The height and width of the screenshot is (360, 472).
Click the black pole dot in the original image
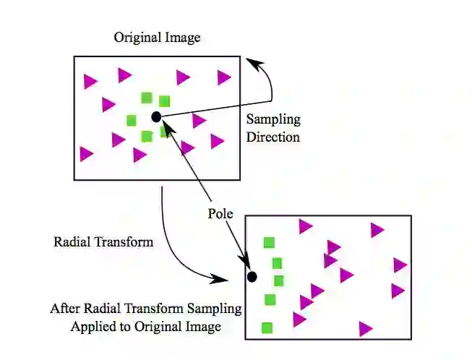pyautogui.click(x=156, y=116)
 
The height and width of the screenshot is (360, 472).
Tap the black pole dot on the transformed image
pyautogui.click(x=252, y=276)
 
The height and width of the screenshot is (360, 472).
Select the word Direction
pyautogui.click(x=273, y=136)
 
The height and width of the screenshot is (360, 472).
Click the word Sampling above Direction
pyautogui.click(x=273, y=120)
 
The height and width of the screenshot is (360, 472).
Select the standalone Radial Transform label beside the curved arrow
pyautogui.click(x=103, y=242)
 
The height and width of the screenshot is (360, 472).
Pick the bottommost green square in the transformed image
pyautogui.click(x=267, y=327)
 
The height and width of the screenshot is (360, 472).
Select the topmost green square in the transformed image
pyautogui.click(x=269, y=243)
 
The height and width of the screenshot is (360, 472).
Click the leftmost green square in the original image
pyautogui.click(x=132, y=120)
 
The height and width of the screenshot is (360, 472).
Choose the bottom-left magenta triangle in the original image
pyautogui.click(x=86, y=153)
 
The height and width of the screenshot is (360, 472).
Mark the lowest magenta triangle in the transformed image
pyautogui.click(x=365, y=329)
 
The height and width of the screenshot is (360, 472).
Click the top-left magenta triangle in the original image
pyautogui.click(x=90, y=81)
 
